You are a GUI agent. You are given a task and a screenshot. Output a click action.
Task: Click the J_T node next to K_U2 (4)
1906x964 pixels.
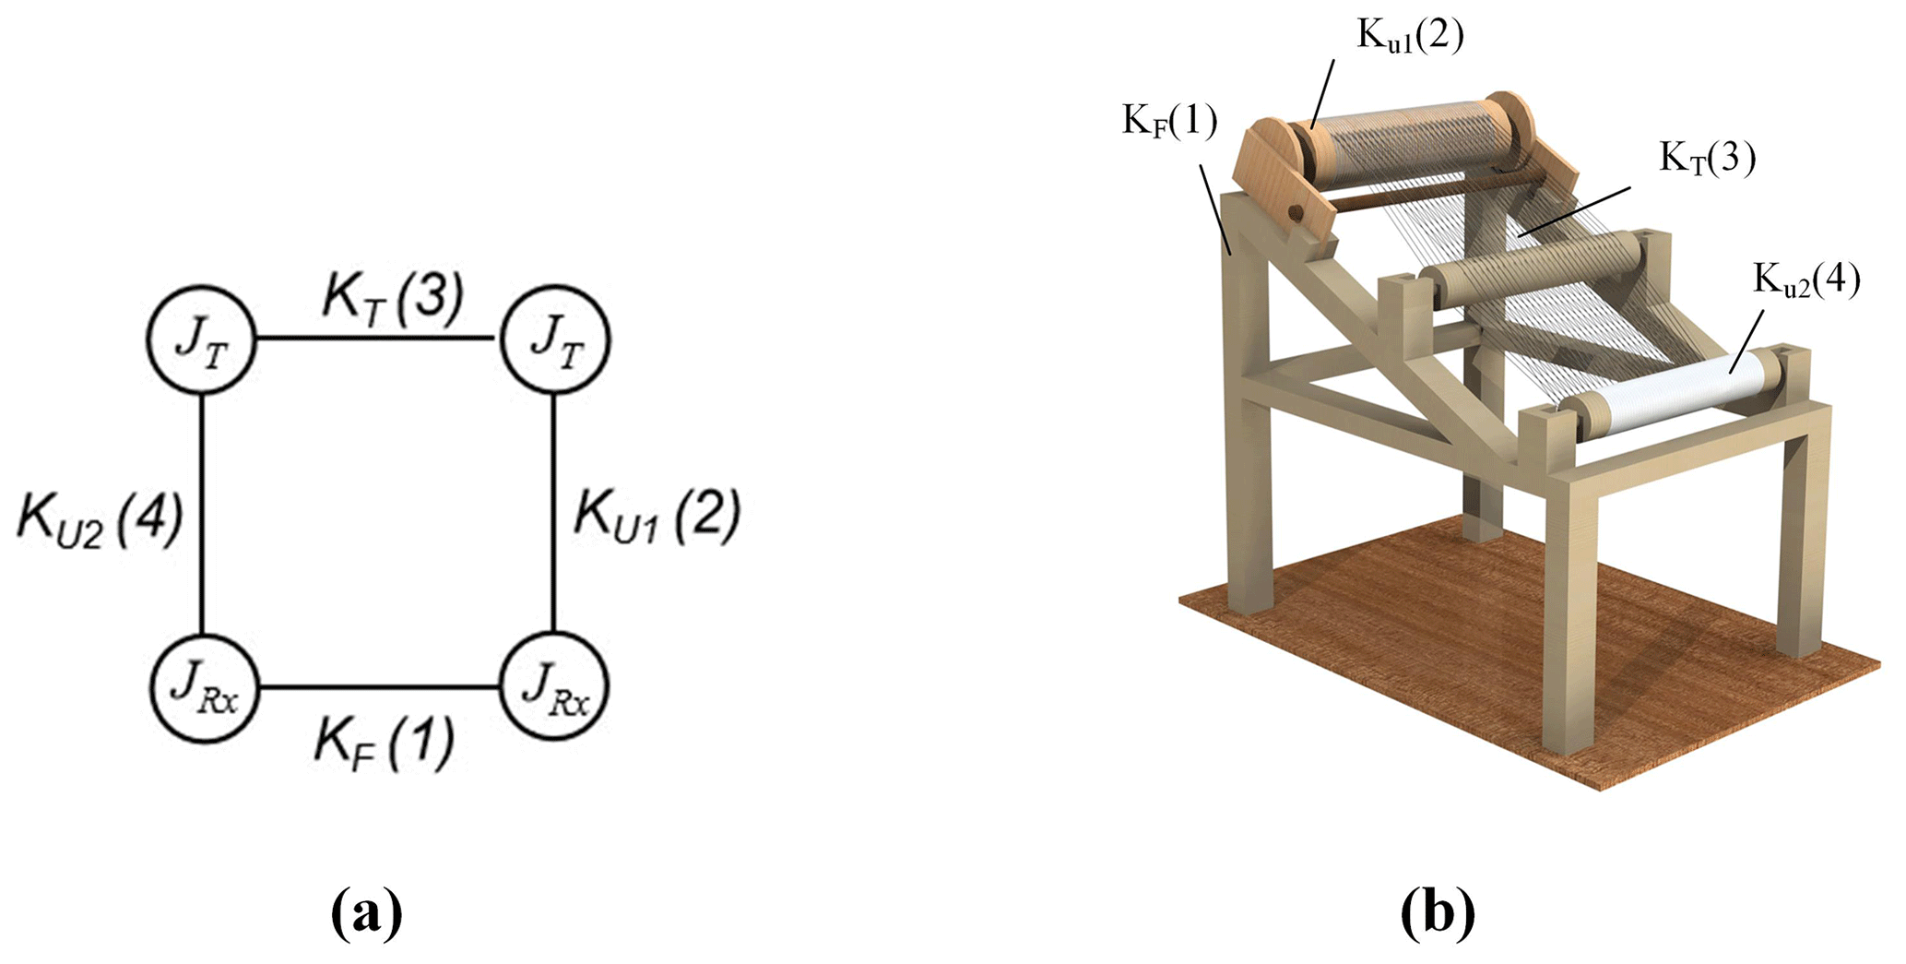click(201, 339)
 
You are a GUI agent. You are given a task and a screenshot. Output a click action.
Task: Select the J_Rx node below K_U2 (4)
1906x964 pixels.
click(204, 687)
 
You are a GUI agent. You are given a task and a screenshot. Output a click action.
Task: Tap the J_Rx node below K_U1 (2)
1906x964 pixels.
click(553, 687)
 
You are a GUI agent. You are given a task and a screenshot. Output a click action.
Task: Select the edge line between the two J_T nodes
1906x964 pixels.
click(376, 339)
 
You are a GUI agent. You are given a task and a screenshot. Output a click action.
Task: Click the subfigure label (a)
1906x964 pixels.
click(366, 912)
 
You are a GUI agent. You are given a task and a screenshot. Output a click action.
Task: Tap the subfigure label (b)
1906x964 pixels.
click(1437, 912)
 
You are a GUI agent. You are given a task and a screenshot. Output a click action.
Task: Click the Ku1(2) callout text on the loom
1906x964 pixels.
click(1410, 37)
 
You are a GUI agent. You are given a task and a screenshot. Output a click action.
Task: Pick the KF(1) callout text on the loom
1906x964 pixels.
click(1169, 122)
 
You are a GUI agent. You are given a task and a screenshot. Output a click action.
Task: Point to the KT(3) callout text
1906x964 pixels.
click(1707, 159)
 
